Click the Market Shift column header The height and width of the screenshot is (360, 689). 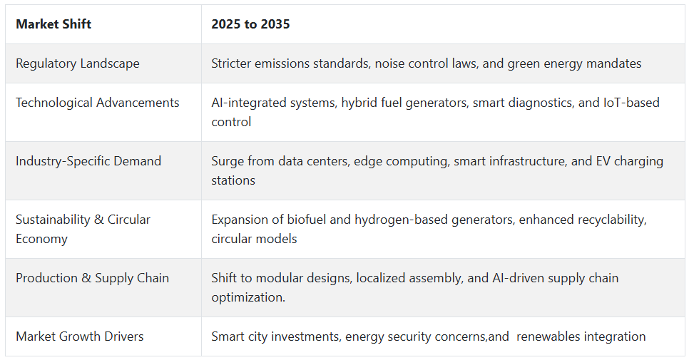click(x=53, y=24)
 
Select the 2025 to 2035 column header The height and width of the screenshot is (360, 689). click(x=250, y=24)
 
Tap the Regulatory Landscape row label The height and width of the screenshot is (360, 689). click(x=78, y=63)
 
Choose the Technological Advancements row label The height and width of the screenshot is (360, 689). click(x=98, y=103)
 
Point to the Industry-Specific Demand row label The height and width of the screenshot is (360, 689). click(x=88, y=161)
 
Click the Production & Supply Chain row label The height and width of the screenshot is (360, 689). click(x=92, y=278)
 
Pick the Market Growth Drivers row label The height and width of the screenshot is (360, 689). click(x=80, y=336)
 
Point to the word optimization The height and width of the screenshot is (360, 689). click(x=248, y=298)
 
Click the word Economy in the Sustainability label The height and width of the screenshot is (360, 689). click(x=42, y=240)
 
